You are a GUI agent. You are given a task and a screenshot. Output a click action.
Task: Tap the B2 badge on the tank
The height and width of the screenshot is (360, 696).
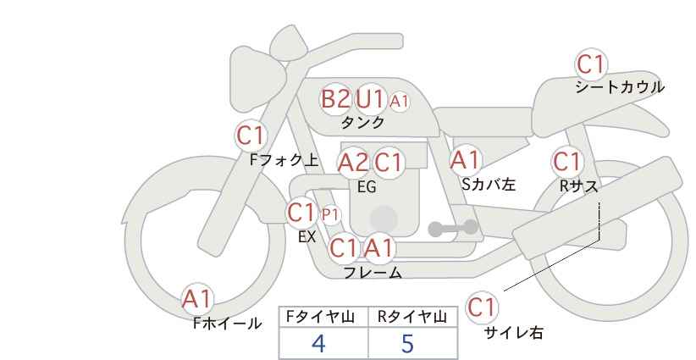coord(335,99)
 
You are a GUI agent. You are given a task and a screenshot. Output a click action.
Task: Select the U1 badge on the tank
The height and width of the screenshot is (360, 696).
coord(370,99)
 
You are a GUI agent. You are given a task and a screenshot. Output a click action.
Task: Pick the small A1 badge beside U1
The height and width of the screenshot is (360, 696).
coord(400,101)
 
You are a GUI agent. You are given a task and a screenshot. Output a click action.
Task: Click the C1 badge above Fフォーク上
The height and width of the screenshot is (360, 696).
coord(251,135)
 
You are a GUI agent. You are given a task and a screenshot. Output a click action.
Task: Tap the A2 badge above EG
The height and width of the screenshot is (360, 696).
coord(353,162)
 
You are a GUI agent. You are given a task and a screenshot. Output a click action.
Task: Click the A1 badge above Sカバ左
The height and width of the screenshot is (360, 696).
coord(465,159)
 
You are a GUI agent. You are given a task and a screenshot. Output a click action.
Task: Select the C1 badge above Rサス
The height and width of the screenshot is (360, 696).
coord(567,161)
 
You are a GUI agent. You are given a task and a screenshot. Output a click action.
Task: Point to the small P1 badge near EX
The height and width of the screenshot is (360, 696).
coord(330,214)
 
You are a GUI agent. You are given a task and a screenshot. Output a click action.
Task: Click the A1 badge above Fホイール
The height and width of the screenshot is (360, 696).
coord(197,298)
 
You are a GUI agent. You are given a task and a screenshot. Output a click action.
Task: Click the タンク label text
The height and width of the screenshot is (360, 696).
coord(362,123)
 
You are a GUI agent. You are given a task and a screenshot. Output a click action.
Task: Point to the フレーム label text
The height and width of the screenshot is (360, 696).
coord(373,273)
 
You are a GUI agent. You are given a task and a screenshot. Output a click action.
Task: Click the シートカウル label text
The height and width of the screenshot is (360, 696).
coord(620,87)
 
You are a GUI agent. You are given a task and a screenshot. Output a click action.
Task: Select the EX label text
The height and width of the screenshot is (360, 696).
coord(307,237)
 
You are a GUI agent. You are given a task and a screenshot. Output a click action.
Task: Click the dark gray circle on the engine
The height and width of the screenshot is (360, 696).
coord(384,218)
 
